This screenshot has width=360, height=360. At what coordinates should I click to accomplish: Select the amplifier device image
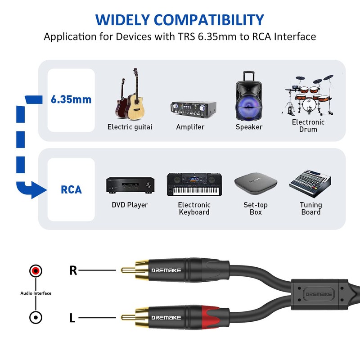coord(193,108)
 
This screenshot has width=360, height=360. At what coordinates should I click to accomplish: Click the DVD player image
coord(130,184)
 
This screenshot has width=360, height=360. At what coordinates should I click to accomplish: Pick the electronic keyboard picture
coord(194,184)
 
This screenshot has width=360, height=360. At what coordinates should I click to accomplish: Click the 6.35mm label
coord(71,99)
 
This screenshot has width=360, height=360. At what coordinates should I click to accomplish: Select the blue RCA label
coord(72,189)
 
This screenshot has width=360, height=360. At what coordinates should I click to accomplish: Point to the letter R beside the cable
coord(73,270)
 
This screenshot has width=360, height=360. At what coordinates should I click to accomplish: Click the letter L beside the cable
coord(72,318)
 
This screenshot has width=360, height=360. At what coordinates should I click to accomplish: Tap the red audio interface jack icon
coord(36,271)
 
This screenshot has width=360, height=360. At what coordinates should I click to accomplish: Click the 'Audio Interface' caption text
coord(36,293)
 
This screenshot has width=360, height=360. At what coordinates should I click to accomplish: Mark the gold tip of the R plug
coord(126,270)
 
